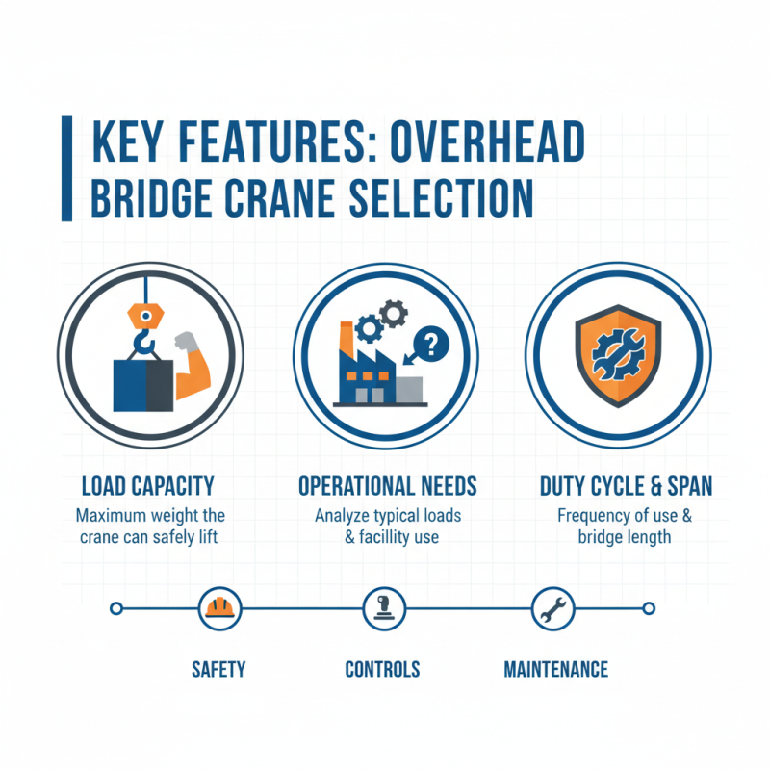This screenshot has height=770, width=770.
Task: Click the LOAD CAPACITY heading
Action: pos(148,485)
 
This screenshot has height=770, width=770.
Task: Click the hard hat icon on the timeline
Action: pos(218,608)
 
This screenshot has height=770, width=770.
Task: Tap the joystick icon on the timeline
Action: pos(380,608)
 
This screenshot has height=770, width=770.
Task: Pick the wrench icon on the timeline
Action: pos(552,608)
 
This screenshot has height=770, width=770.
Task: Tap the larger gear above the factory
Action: pos(370,327)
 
